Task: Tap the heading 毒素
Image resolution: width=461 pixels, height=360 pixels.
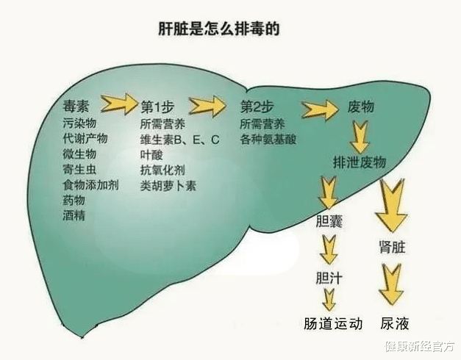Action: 77,107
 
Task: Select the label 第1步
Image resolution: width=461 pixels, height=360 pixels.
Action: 157,107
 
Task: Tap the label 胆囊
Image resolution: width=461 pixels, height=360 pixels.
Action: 329,221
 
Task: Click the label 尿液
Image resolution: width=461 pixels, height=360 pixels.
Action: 394,323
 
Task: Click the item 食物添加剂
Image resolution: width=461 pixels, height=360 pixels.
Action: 90,184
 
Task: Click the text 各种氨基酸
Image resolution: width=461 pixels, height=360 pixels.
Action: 268,138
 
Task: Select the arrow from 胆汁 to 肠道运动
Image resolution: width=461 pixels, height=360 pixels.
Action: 329,299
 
